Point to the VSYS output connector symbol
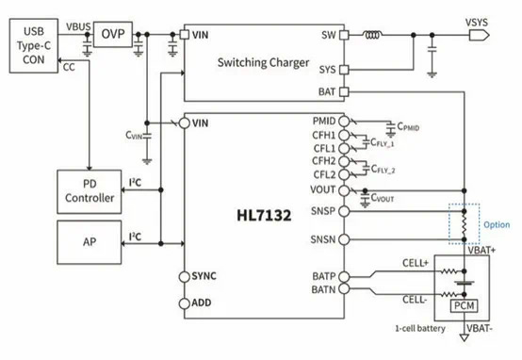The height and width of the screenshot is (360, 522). click(479, 35)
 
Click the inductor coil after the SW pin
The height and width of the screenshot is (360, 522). click(372, 35)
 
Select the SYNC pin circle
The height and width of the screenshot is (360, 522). click(184, 277)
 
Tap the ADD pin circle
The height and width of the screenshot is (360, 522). click(184, 303)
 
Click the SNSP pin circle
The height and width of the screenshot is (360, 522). click(344, 211)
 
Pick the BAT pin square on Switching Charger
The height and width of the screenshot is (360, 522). click(344, 91)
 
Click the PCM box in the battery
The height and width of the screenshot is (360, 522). click(465, 305)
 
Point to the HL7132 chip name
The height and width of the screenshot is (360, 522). click(264, 215)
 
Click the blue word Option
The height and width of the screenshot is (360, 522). click(497, 225)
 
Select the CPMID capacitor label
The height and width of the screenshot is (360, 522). click(408, 127)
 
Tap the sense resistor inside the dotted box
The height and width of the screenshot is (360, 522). click(465, 225)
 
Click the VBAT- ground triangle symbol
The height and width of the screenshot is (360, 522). click(465, 337)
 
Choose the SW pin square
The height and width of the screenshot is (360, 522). click(344, 35)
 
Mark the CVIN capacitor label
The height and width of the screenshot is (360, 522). click(134, 135)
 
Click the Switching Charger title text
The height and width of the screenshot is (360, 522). click(263, 62)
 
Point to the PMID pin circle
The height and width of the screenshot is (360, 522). click(344, 122)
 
